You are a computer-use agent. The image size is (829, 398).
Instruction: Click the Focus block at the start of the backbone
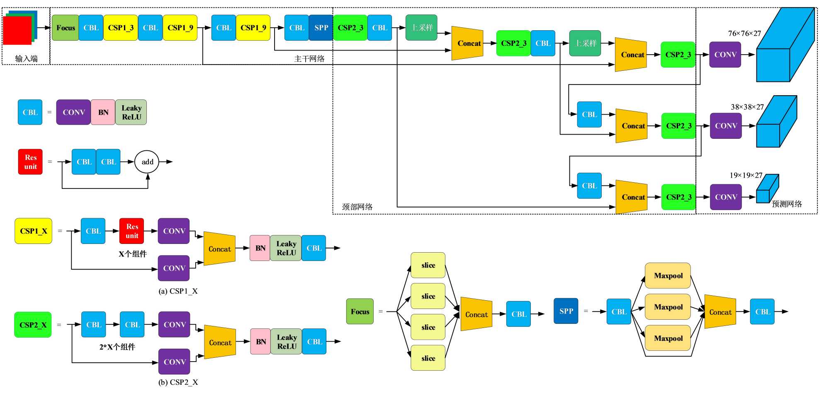click(66, 28)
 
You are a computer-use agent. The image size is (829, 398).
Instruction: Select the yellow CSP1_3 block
click(121, 28)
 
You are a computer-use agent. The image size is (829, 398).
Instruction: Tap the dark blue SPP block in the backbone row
click(321, 28)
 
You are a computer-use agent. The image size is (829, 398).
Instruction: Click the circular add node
click(147, 162)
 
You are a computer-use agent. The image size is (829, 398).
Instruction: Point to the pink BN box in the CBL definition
click(103, 112)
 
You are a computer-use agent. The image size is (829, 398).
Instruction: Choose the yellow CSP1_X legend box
click(34, 231)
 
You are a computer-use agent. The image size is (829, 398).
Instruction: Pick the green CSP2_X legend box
click(33, 325)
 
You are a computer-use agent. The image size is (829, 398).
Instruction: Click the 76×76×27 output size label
click(744, 34)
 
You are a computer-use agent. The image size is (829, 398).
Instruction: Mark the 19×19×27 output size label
click(746, 175)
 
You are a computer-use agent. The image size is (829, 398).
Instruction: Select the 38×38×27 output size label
click(747, 107)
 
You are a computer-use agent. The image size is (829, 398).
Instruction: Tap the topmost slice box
click(428, 265)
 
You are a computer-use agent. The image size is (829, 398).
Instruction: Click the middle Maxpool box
click(668, 307)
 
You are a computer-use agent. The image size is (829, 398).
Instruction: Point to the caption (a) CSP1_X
click(178, 291)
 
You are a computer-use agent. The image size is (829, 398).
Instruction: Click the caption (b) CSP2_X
click(178, 382)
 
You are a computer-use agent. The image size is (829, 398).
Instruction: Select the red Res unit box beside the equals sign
click(30, 162)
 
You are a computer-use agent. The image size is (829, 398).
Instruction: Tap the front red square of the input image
click(17, 31)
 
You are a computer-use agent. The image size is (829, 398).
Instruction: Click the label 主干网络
click(309, 59)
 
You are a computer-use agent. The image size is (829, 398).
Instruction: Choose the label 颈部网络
click(357, 207)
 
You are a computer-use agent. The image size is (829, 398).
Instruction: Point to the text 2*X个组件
click(117, 347)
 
